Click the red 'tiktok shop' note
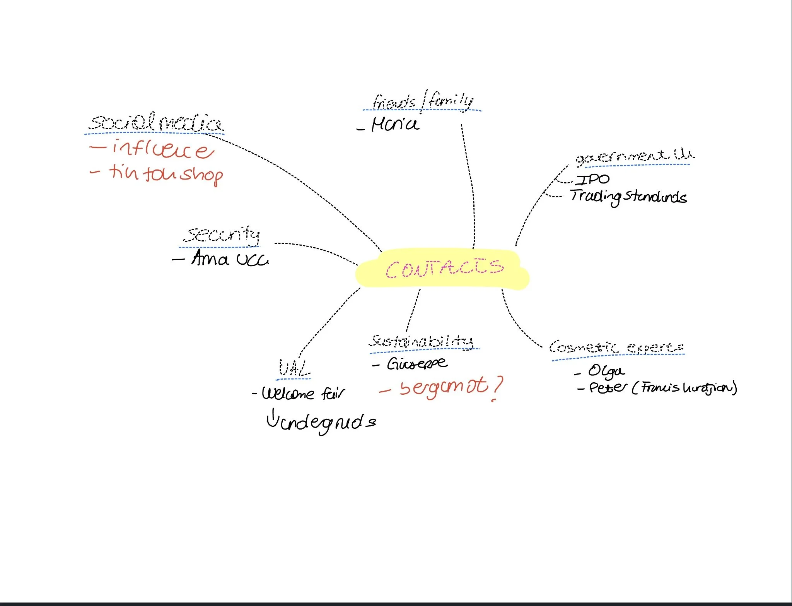[x=166, y=174]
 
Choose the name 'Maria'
[x=395, y=125]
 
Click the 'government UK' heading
[x=634, y=156]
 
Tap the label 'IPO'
[x=592, y=179]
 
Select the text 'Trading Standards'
[x=628, y=197]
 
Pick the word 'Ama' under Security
[x=210, y=258]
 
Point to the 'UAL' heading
[x=294, y=368]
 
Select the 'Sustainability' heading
[x=421, y=341]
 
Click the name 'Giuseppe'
[x=417, y=363]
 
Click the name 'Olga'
[x=606, y=371]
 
